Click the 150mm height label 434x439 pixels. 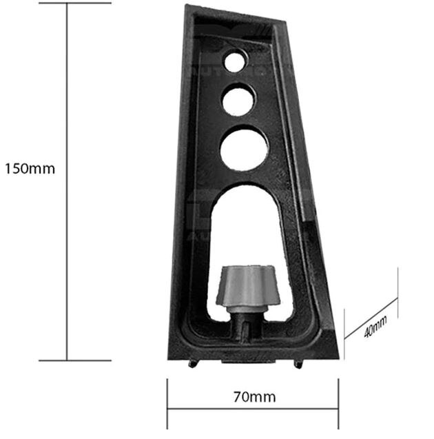(29, 168)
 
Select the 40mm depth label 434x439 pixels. (375, 324)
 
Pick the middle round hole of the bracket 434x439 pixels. (238, 101)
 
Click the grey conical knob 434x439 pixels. (248, 285)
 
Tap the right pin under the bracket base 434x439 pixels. (297, 363)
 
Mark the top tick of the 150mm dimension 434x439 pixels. (67, 3)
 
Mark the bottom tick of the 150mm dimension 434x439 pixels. (67, 360)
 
